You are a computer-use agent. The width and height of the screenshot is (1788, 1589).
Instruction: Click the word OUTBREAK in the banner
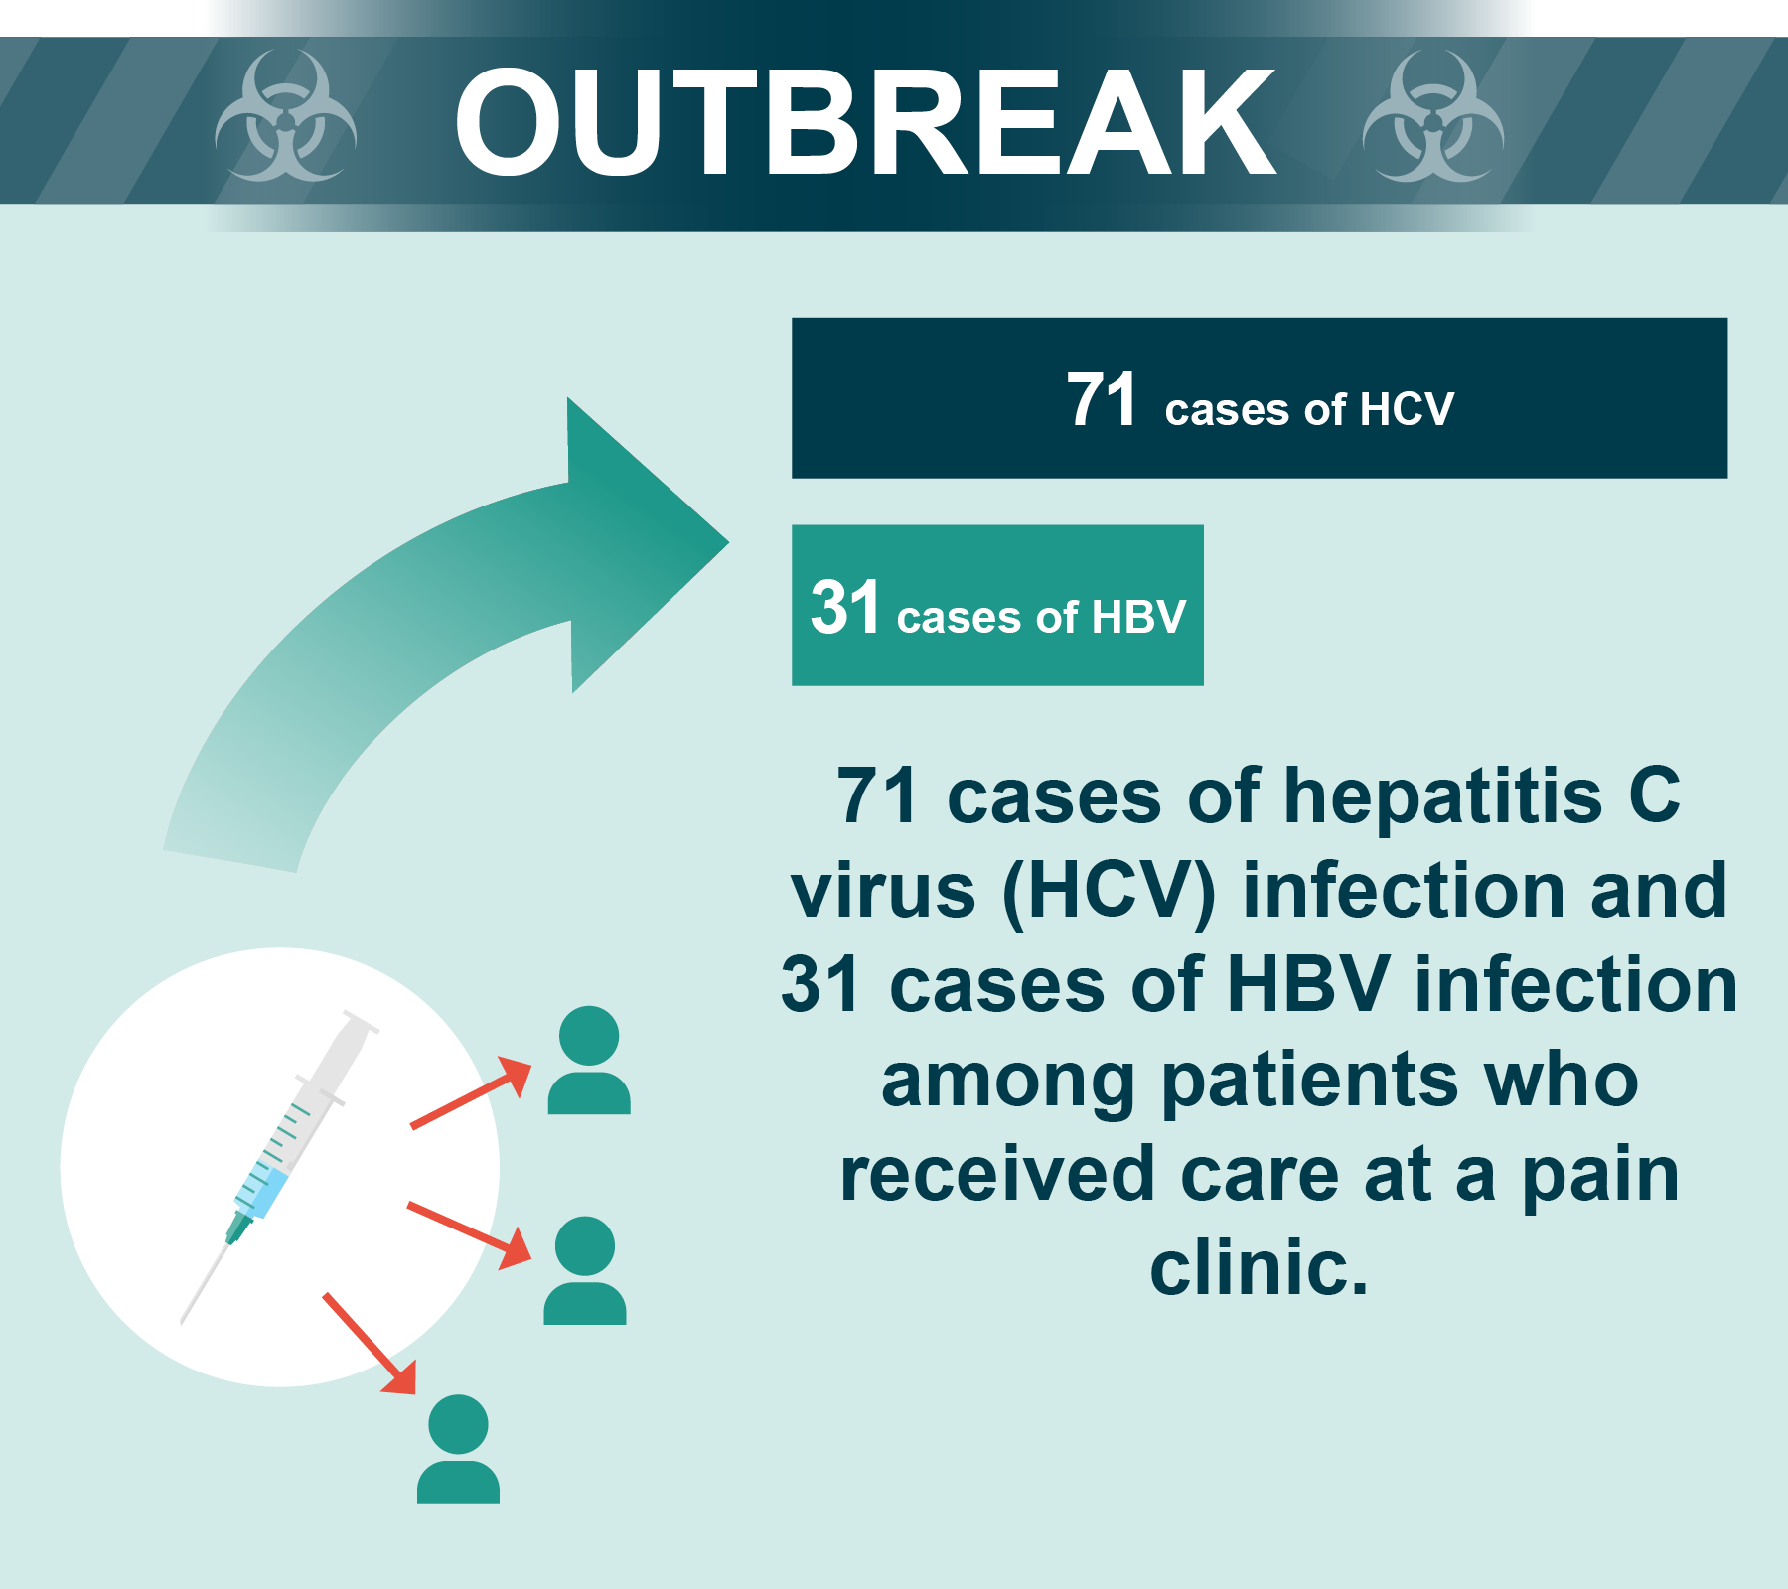864,123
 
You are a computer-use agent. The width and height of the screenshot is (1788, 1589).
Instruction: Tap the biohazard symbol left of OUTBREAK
285,117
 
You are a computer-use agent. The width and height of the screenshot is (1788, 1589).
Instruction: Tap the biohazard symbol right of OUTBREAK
1432,117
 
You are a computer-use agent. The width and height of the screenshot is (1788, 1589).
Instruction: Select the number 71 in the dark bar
1101,400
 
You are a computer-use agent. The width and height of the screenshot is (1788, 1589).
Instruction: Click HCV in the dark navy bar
1407,409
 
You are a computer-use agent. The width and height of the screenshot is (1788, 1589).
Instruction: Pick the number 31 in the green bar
844,607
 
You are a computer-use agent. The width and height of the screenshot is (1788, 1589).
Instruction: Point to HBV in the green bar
1138,617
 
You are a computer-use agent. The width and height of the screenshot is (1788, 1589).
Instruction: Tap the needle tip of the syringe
185,1319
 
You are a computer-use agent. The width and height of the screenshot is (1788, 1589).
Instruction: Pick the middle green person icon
585,1270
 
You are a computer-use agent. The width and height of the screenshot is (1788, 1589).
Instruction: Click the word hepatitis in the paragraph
1442,796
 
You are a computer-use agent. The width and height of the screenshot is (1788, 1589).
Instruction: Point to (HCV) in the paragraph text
1109,891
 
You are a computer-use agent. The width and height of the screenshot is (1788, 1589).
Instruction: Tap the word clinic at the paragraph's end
1258,1268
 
